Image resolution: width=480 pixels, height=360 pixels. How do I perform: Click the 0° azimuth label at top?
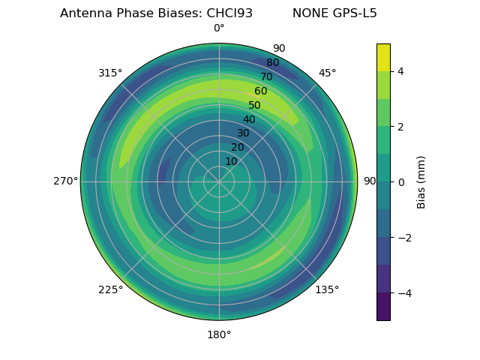click(219, 28)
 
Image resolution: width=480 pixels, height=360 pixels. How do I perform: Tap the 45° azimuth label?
click(328, 73)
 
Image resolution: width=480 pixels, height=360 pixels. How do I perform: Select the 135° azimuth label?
click(327, 289)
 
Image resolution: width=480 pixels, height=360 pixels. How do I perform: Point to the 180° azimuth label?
click(219, 334)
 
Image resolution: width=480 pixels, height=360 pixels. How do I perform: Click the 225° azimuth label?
click(110, 289)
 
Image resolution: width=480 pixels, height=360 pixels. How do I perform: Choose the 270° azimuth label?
click(65, 181)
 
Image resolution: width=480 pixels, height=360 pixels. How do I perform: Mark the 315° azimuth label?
click(110, 73)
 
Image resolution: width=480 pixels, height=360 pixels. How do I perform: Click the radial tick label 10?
click(231, 161)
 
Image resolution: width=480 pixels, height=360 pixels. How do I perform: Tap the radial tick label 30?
click(243, 133)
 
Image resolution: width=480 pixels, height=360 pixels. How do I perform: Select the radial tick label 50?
click(255, 105)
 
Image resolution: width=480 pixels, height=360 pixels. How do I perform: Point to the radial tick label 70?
click(266, 76)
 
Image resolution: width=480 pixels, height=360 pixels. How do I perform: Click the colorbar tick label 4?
click(401, 71)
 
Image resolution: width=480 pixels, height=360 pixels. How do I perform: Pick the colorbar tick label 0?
click(401, 182)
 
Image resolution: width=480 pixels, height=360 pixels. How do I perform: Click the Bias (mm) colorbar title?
click(421, 181)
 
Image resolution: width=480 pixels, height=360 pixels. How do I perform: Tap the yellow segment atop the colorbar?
click(383, 57)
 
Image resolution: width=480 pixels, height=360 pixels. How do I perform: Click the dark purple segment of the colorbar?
click(383, 307)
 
